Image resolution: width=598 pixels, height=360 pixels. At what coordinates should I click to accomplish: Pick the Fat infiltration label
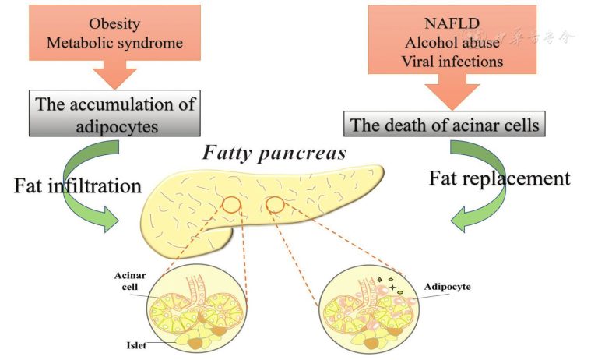point(76,186)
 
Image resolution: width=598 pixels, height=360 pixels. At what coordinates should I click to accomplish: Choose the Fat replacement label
point(500,178)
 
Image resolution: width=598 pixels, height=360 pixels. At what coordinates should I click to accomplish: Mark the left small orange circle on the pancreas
point(232,206)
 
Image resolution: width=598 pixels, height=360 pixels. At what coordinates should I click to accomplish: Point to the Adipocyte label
point(447,287)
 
